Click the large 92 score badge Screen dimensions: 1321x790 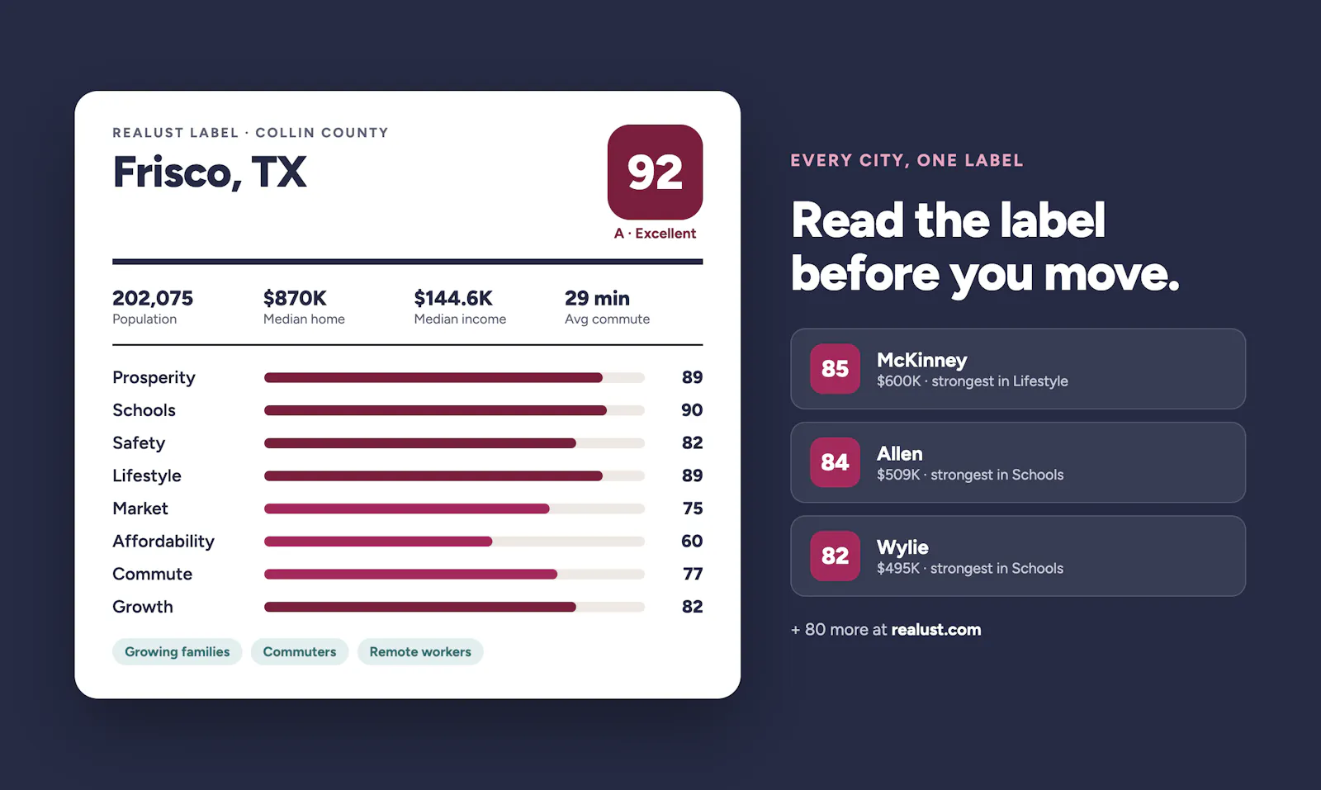pyautogui.click(x=655, y=172)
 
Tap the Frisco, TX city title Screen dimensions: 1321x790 pyautogui.click(x=210, y=173)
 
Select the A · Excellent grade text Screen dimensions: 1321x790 pyautogui.click(x=655, y=234)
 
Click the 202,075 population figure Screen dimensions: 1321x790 pyautogui.click(x=153, y=298)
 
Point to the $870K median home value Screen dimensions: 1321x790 pyautogui.click(x=295, y=298)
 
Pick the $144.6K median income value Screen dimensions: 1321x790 pyautogui.click(x=453, y=298)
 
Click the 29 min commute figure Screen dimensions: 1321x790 pyautogui.click(x=597, y=298)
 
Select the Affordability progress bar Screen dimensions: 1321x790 pyautogui.click(x=454, y=542)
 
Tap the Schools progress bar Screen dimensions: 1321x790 pyautogui.click(x=454, y=410)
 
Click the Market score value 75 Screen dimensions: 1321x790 pyautogui.click(x=693, y=509)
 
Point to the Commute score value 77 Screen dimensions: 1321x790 pyautogui.click(x=693, y=574)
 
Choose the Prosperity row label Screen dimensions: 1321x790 pyautogui.click(x=154, y=377)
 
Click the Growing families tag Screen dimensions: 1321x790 pyautogui.click(x=177, y=651)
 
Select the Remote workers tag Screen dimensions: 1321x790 pyautogui.click(x=420, y=651)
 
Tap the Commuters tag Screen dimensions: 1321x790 pyautogui.click(x=300, y=651)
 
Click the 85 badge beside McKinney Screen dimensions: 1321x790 pyautogui.click(x=835, y=368)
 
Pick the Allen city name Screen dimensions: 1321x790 pyautogui.click(x=899, y=453)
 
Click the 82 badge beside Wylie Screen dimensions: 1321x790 pyautogui.click(x=835, y=556)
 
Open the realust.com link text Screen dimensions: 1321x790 pyautogui.click(x=936, y=630)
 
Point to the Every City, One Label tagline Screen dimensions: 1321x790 pyautogui.click(x=907, y=160)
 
